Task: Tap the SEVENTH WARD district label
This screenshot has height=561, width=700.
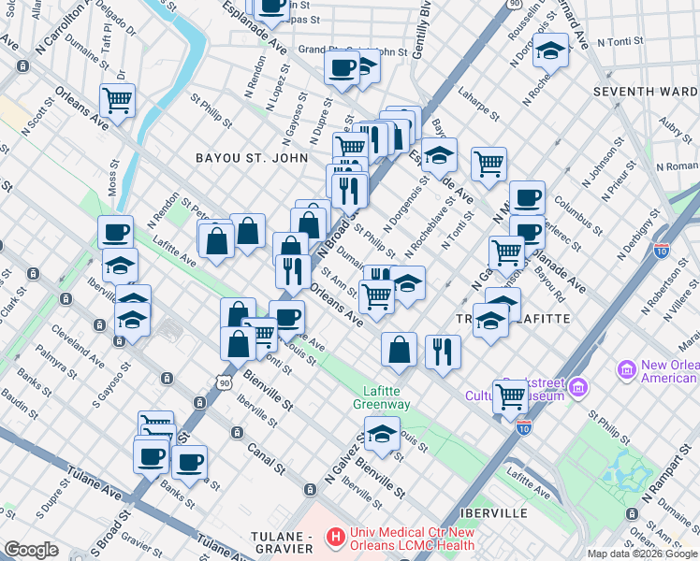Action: click(x=646, y=92)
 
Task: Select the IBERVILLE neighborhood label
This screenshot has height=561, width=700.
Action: click(x=493, y=513)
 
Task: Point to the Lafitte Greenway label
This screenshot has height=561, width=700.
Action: click(x=381, y=397)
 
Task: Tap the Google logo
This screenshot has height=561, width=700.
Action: click(x=31, y=550)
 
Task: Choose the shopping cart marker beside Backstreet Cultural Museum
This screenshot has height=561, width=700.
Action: click(x=510, y=396)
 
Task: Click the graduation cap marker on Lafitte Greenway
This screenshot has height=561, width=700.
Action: click(x=381, y=435)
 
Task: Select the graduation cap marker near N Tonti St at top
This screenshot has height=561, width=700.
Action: click(x=551, y=50)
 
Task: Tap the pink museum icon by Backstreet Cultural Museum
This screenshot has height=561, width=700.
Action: click(x=578, y=386)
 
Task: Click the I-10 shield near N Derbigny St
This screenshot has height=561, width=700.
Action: click(x=662, y=251)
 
